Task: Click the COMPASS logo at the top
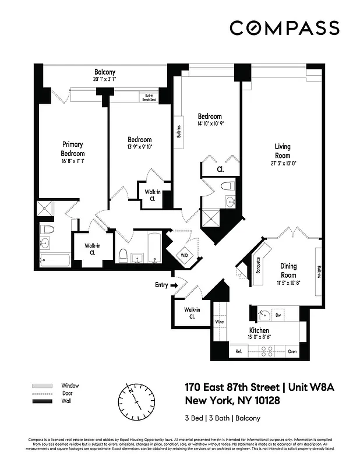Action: coord(284,27)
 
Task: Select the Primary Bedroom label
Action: coord(73,149)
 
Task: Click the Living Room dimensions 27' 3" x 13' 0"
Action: coord(283,163)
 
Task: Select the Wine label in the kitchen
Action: coord(220,321)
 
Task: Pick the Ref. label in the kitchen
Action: coord(239,352)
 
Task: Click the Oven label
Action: coord(292,352)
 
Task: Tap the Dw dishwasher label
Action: coord(278,315)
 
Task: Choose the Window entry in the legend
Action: coord(69,386)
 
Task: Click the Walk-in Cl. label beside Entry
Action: coord(192,313)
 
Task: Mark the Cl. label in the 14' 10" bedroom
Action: coord(221,170)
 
